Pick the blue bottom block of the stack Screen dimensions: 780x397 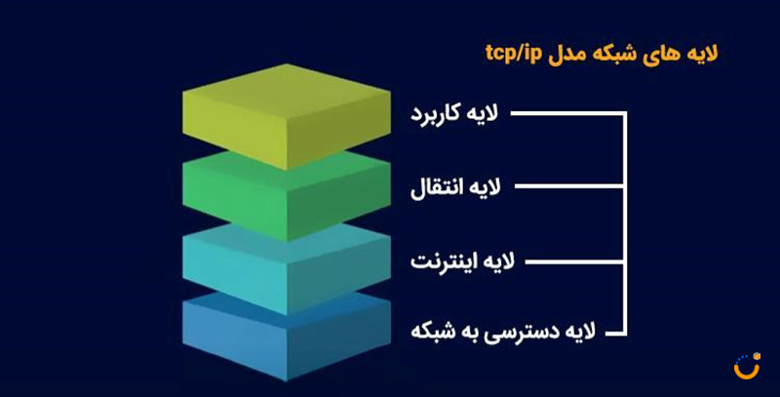tap(287, 338)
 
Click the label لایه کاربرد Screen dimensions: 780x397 tap(454, 114)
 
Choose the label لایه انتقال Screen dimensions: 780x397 tap(455, 187)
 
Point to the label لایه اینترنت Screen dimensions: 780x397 tap(462, 261)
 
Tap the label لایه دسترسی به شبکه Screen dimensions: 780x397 tap(503, 331)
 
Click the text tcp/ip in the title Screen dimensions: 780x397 tap(513, 54)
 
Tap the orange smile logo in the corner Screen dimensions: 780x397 tap(747, 366)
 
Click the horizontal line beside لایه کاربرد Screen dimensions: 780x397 tap(567, 114)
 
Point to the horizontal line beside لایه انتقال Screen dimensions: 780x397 tap(569, 187)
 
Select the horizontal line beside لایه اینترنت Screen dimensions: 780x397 tap(574, 261)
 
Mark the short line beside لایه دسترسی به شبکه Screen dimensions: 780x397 tap(615, 334)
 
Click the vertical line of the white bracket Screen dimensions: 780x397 tap(625, 224)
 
